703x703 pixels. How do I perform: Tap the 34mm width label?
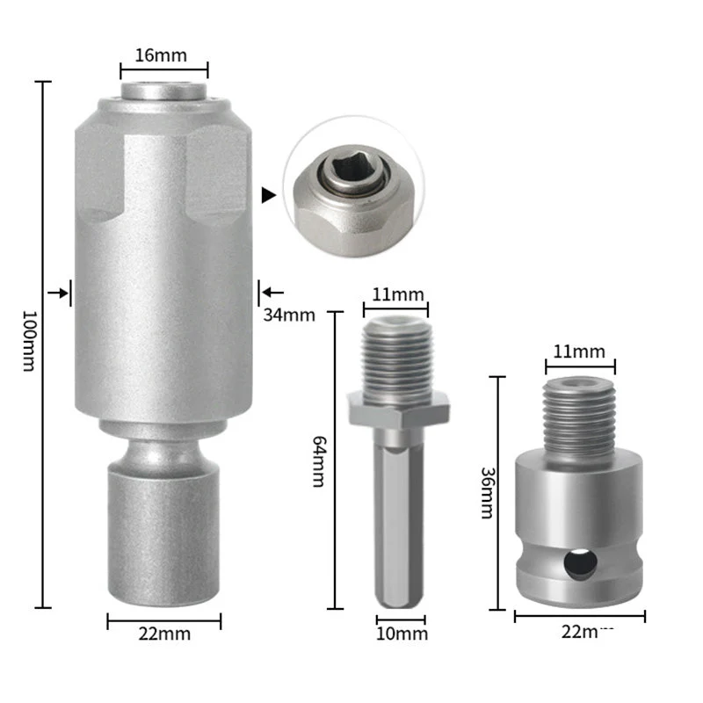click(x=287, y=315)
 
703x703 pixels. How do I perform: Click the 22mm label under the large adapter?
click(x=164, y=634)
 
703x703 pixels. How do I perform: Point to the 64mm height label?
click(x=318, y=466)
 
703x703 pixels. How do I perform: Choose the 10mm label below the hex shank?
click(x=402, y=634)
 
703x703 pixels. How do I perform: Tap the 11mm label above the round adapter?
click(x=579, y=351)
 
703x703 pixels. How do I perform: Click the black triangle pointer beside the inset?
click(x=269, y=195)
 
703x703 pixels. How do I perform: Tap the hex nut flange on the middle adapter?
click(x=399, y=409)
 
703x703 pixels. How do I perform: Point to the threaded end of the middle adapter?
click(x=396, y=356)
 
